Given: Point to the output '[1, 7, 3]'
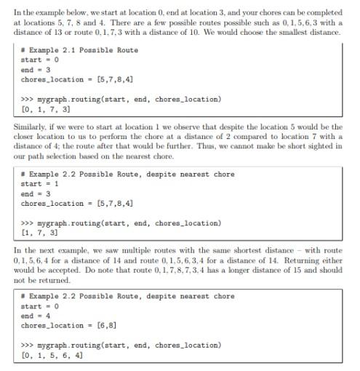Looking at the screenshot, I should pos(40,233).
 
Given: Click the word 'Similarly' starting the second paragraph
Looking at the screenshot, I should pos(30,126).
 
